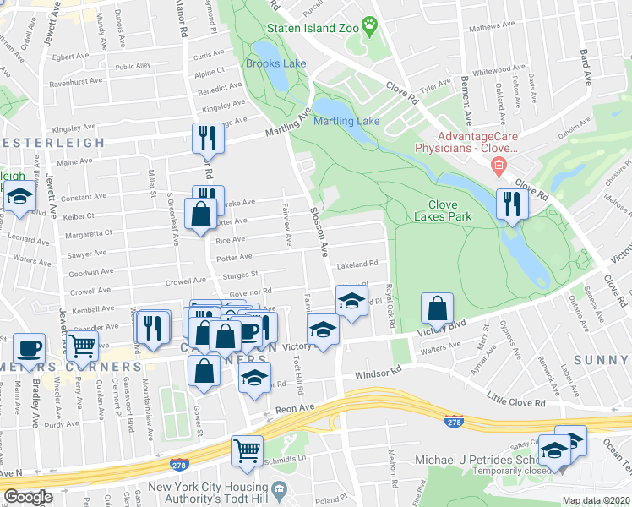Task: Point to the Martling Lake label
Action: pyautogui.click(x=346, y=121)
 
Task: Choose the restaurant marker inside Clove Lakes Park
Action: pyautogui.click(x=512, y=204)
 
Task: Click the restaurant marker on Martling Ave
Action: pyautogui.click(x=208, y=137)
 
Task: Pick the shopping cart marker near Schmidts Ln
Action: pyautogui.click(x=247, y=450)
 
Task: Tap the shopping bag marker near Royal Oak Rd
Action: pyautogui.click(x=437, y=309)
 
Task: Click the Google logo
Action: pyautogui.click(x=28, y=498)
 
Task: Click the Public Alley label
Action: pyautogui.click(x=133, y=66)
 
